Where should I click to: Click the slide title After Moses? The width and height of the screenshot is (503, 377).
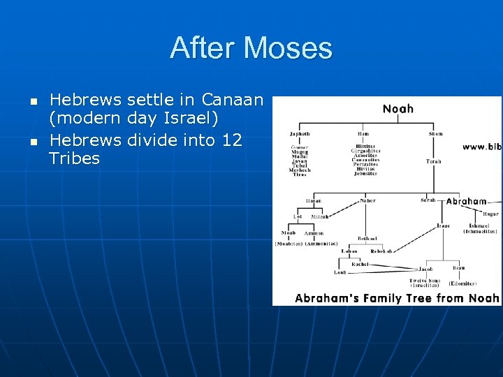251,48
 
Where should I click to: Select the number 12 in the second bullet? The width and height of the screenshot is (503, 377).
231,140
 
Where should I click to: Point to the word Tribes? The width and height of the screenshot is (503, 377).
75,158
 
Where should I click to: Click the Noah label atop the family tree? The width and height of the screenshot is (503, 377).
398,108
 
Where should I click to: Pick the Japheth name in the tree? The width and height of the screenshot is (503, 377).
300,134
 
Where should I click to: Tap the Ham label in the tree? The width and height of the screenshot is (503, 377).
365,134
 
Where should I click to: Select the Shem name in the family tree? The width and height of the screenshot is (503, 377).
435,134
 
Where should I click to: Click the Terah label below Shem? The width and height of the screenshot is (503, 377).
434,161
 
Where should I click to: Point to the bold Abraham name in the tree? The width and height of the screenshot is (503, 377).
466,201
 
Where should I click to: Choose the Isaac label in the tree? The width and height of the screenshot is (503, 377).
443,226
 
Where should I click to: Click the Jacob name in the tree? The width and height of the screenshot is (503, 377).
425,269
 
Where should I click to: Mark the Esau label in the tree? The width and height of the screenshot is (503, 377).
459,267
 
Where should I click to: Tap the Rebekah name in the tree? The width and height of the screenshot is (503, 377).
381,251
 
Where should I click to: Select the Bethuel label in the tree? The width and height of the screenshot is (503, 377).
367,238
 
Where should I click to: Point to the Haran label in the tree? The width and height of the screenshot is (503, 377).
314,200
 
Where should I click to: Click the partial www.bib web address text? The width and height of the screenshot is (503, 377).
481,147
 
